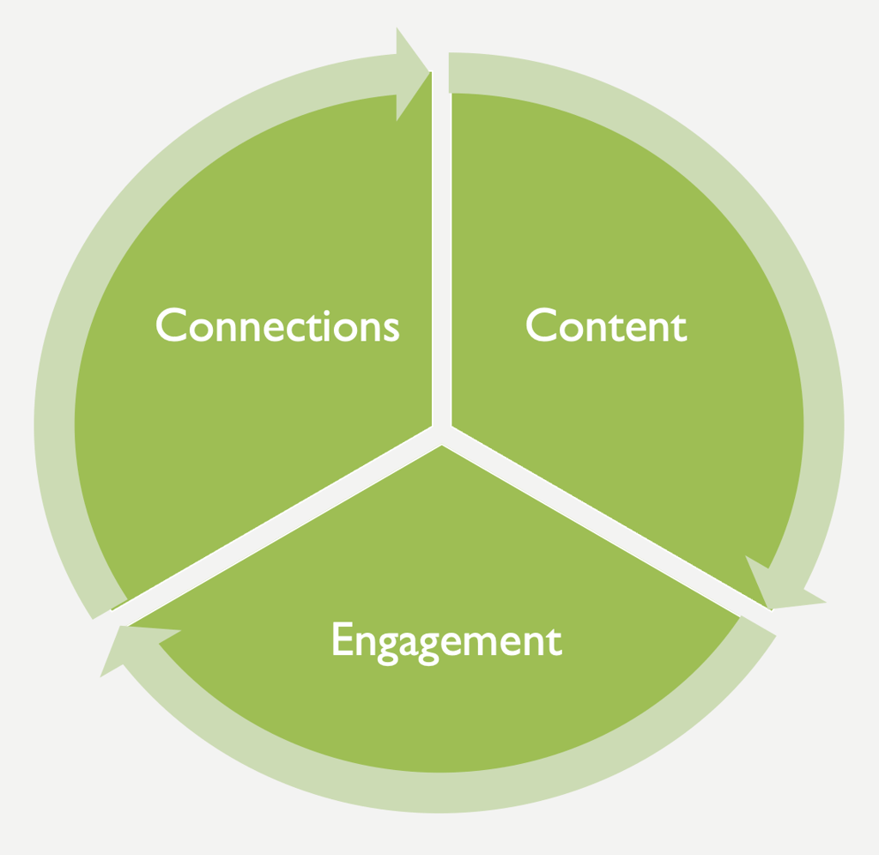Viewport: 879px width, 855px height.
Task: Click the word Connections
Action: tap(277, 326)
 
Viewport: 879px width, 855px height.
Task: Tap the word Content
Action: tap(606, 326)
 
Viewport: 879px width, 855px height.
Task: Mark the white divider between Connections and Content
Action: tap(441, 258)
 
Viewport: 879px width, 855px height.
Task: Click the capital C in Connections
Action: tap(172, 325)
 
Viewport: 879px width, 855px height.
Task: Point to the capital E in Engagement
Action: tap(342, 640)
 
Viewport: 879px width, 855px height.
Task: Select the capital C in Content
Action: tap(542, 325)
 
